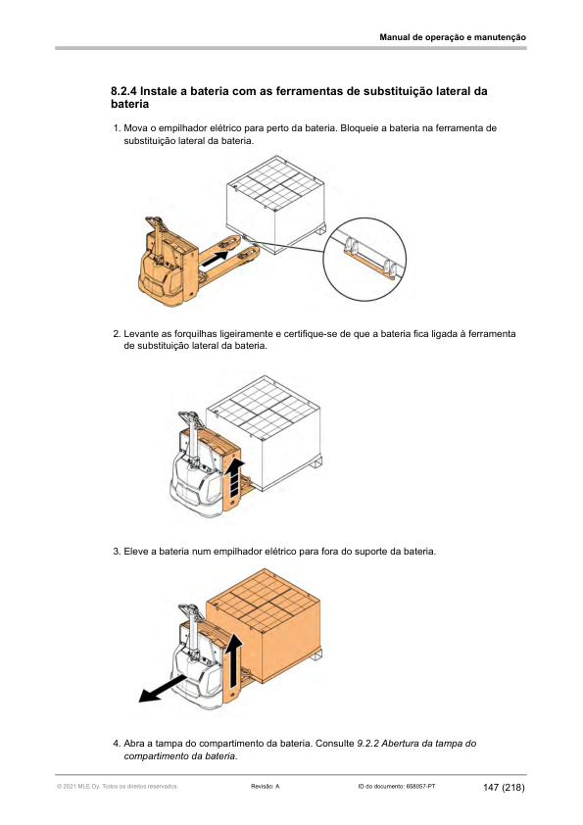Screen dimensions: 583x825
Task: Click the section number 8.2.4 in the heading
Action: [123, 91]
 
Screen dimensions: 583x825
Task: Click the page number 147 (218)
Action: [504, 788]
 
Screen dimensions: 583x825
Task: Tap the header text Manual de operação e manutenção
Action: [453, 37]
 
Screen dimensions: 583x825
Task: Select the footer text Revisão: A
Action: [266, 787]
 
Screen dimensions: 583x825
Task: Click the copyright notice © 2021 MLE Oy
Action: [77, 787]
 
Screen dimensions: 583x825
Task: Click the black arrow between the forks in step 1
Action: [215, 258]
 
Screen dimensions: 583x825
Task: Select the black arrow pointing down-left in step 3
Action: [163, 689]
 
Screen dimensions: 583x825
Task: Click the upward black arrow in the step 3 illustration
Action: [235, 660]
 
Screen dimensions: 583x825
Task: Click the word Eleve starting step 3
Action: [134, 552]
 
